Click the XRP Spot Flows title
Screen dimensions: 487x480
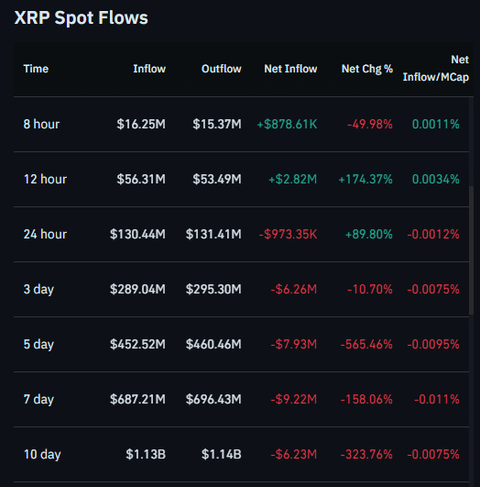(81, 17)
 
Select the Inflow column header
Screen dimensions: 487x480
(149, 69)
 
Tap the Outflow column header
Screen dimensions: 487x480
(221, 69)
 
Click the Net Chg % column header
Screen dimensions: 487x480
(366, 69)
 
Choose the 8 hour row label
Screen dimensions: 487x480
(42, 124)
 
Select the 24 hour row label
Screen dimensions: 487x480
(45, 234)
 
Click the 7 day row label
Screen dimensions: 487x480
(38, 399)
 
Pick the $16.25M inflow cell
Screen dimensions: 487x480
(141, 124)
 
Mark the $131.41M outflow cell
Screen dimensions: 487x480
(213, 234)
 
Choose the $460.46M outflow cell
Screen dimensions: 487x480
(213, 344)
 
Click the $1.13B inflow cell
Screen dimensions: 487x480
(145, 454)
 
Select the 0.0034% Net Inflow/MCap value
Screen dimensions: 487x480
(436, 179)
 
